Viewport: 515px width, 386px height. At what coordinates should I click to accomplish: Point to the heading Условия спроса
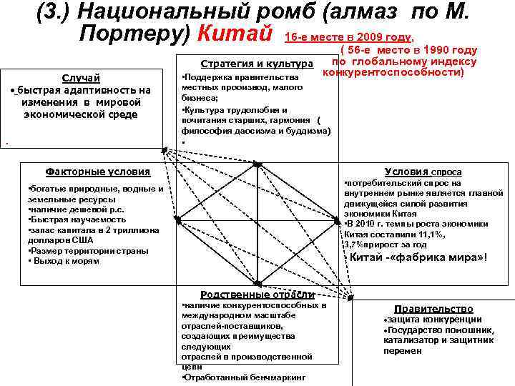tap(423, 172)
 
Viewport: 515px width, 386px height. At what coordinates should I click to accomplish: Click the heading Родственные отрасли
tap(257, 295)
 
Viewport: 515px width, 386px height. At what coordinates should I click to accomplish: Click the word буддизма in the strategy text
tap(305, 131)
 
